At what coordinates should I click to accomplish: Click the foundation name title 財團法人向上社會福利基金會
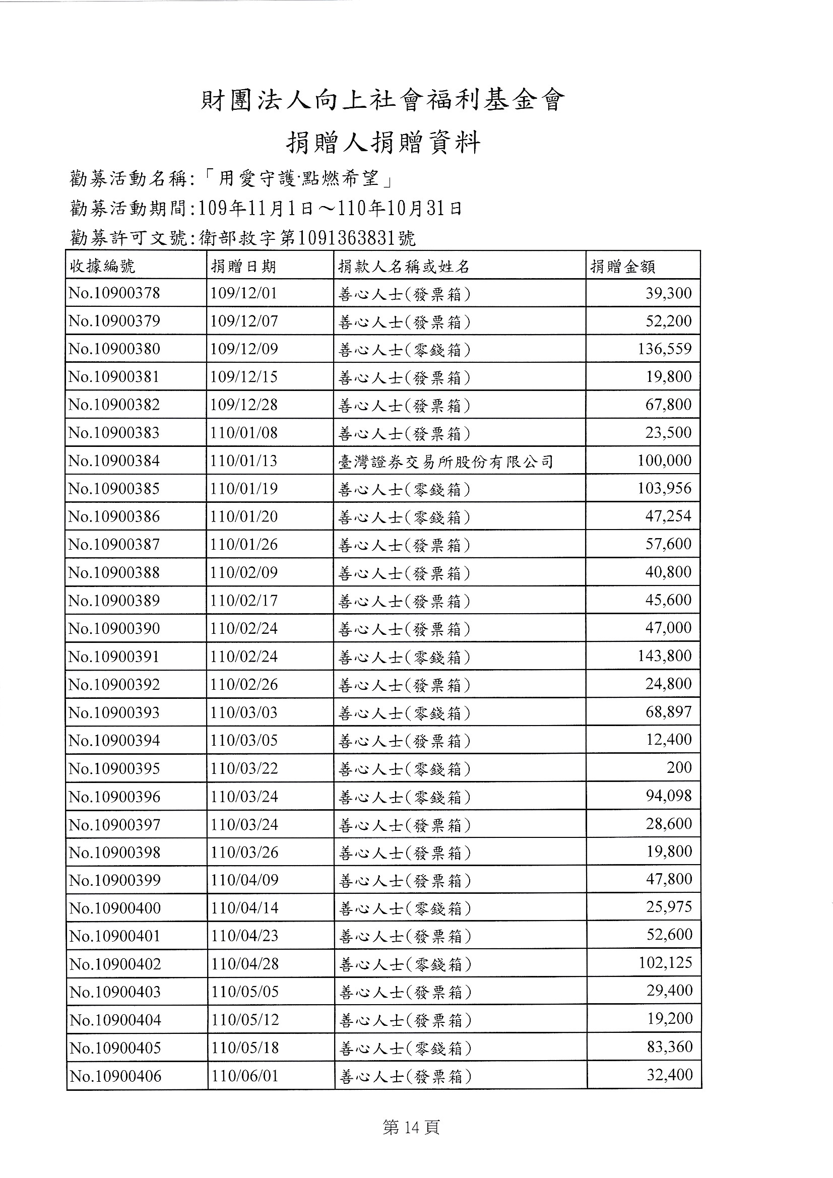(x=382, y=101)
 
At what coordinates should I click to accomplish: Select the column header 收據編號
(x=102, y=266)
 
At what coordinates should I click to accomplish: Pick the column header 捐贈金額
(x=622, y=266)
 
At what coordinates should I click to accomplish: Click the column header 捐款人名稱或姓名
(x=404, y=266)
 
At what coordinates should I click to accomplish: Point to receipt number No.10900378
(x=114, y=293)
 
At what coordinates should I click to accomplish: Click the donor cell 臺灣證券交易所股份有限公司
(x=445, y=461)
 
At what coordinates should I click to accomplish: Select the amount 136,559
(x=664, y=349)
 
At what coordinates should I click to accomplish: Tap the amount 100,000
(x=664, y=460)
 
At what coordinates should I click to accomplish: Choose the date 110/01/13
(x=244, y=461)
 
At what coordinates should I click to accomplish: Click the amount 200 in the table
(x=678, y=767)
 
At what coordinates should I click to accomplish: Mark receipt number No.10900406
(x=115, y=1075)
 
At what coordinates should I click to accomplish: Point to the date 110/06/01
(x=245, y=1075)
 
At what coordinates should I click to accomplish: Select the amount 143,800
(x=664, y=656)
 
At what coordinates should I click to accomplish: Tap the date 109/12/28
(x=244, y=405)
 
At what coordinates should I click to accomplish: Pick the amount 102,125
(x=665, y=962)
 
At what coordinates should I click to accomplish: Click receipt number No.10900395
(x=114, y=768)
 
